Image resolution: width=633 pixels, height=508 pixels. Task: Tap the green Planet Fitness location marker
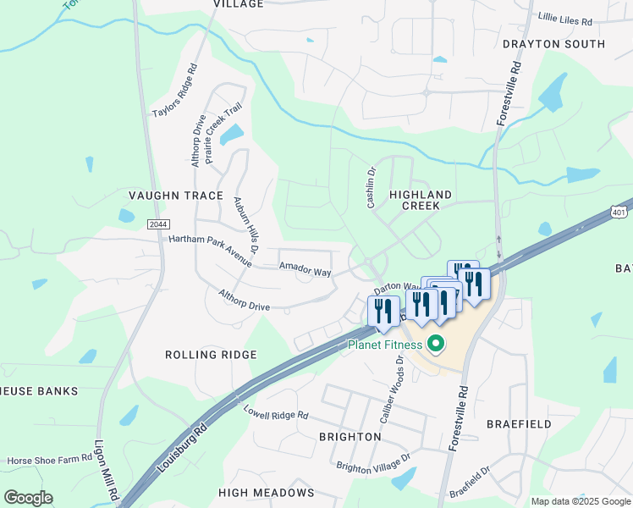[x=436, y=344]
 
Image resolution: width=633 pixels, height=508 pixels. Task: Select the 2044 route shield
[x=157, y=224]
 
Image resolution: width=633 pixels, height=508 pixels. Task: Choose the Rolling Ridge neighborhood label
[x=211, y=355]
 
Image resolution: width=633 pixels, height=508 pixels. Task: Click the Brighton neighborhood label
[x=350, y=436]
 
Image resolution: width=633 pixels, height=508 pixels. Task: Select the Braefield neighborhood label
[x=519, y=423]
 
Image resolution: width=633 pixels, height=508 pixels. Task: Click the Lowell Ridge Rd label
[x=276, y=416]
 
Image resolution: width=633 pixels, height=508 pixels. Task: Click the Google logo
[x=28, y=498]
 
